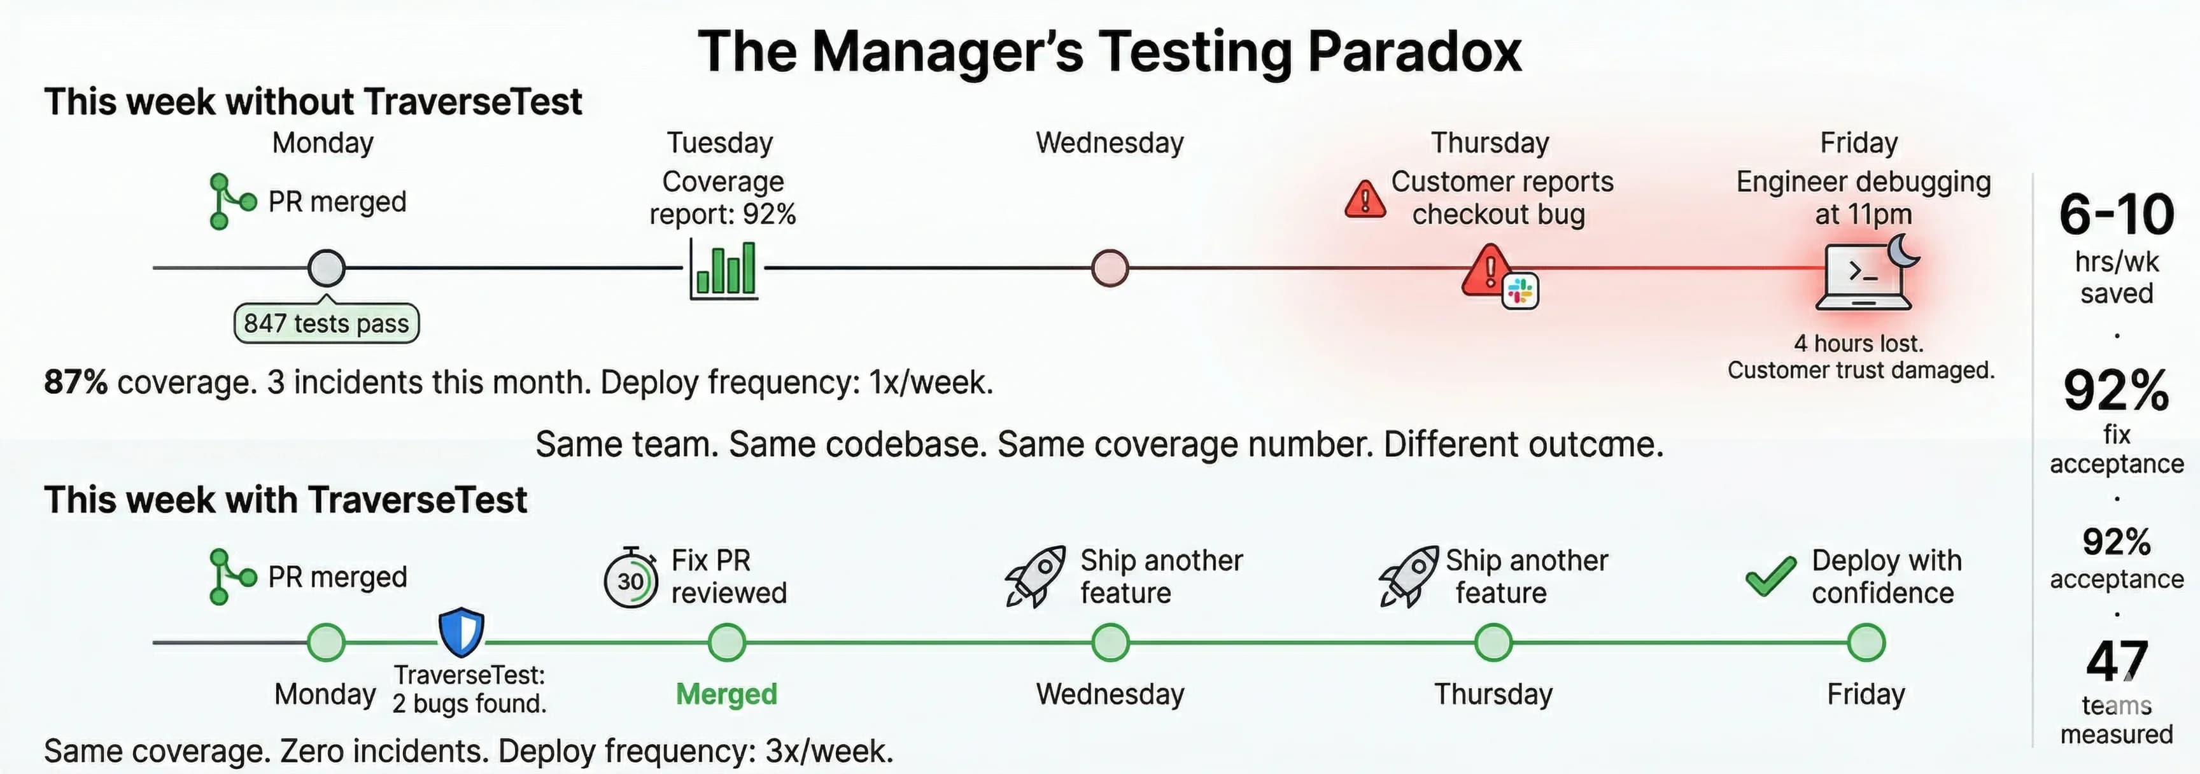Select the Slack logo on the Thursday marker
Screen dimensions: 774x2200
tap(1520, 292)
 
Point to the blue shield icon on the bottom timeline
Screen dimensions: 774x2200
tap(461, 631)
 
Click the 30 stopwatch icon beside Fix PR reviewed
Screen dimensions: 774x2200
tap(630, 579)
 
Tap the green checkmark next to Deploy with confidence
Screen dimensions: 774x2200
tap(1770, 576)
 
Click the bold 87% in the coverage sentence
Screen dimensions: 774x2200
tap(75, 382)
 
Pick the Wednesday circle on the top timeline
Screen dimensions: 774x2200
tap(1110, 268)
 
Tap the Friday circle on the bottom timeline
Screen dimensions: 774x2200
tap(1865, 642)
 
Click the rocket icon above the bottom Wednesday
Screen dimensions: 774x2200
tap(1035, 577)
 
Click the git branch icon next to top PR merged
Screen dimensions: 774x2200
tap(230, 202)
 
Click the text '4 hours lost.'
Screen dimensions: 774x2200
tap(1858, 344)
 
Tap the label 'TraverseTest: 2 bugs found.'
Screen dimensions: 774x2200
tap(469, 689)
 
